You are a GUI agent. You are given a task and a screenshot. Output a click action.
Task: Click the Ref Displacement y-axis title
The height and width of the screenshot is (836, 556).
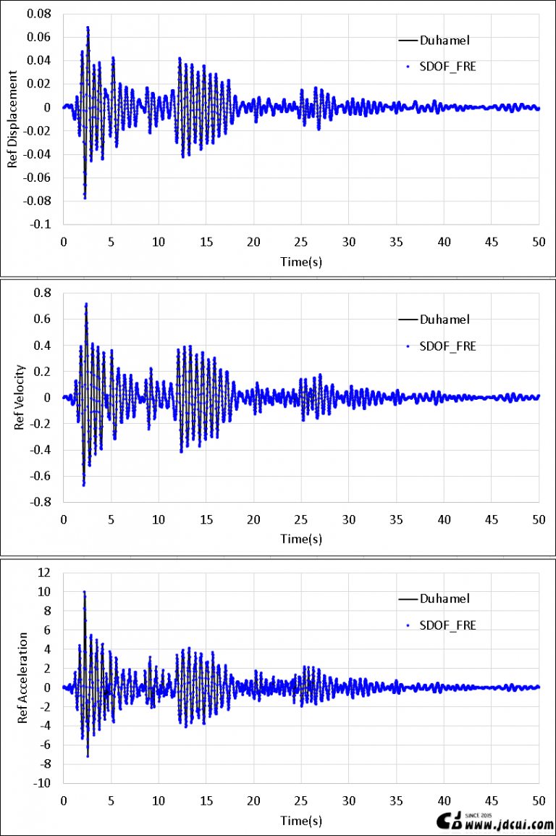(12, 120)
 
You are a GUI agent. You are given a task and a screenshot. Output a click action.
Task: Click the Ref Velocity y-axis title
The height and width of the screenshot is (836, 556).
(20, 398)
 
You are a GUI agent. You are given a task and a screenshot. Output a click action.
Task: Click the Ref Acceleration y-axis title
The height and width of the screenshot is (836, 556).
(22, 677)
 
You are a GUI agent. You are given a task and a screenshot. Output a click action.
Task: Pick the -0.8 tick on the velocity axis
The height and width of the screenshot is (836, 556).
(42, 502)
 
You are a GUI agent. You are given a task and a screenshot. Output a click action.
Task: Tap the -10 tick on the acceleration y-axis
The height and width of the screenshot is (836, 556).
(41, 783)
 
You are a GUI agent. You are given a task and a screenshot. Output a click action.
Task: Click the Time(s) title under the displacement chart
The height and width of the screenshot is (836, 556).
(301, 262)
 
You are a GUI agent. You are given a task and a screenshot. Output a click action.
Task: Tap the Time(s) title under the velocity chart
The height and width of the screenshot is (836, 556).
(301, 539)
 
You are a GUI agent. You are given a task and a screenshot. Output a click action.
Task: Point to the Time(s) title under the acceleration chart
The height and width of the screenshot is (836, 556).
(301, 821)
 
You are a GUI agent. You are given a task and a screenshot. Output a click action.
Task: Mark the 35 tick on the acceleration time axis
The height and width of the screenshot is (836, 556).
(396, 801)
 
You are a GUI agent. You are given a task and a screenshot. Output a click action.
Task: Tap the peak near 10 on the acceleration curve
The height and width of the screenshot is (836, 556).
(84, 592)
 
